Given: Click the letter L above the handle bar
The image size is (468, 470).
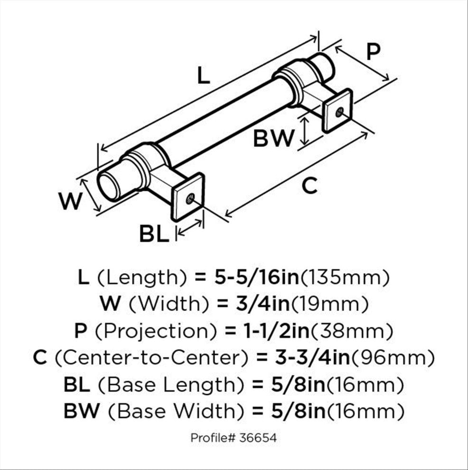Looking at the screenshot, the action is tap(204, 75).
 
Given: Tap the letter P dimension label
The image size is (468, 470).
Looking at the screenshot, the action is tap(374, 52).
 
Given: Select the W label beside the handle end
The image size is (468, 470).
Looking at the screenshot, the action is tap(70, 201).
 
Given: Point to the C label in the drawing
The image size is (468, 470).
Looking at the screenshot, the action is tap(309, 186).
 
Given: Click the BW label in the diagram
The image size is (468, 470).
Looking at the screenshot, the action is tap(273, 138).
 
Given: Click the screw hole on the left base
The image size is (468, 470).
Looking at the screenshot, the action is tap(190, 198).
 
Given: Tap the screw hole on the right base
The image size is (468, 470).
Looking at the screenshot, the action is tap(339, 112).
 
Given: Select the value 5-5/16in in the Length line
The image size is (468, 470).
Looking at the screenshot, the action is tap(257, 278).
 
